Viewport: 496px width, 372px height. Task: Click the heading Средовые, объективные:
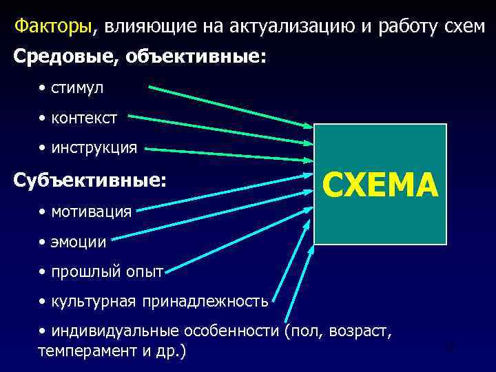tap(138, 57)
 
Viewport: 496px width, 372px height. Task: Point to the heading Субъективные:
tap(90, 180)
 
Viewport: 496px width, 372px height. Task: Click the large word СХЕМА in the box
tap(380, 185)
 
